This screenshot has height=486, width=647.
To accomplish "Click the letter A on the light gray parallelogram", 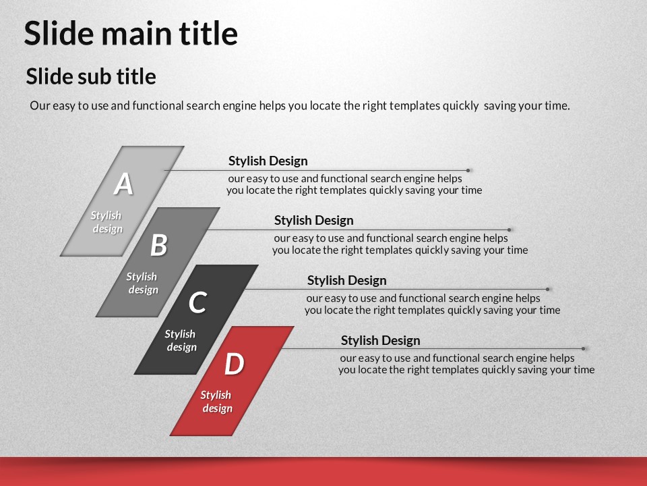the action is pos(123,184).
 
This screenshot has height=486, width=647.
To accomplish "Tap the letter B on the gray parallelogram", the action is pos(159,245).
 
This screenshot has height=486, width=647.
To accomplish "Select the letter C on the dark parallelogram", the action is pos(197,302).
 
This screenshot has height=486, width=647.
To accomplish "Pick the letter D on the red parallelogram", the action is pos(234,364).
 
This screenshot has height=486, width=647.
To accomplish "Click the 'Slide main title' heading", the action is pos(131,33).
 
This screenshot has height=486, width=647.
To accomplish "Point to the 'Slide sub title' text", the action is pos(91,76).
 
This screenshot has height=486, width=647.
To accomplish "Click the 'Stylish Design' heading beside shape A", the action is pos(268,161).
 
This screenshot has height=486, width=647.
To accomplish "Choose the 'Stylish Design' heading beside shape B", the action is pos(314,220).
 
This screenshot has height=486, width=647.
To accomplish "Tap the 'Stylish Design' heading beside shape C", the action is pos(347,280).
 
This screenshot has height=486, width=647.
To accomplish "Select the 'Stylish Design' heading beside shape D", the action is pos(380,340).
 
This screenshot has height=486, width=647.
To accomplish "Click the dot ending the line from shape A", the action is pos(468,170).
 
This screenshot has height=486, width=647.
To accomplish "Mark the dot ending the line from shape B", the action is pos(510,230).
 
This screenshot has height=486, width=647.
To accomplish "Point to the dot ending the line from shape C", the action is pos(547,290).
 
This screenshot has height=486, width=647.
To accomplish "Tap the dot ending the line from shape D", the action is pos(584,349).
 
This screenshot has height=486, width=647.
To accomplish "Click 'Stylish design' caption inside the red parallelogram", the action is pos(216,402).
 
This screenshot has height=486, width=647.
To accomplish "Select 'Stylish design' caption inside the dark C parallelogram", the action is pos(181,340).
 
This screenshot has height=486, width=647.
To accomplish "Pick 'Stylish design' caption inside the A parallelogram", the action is pos(106,222).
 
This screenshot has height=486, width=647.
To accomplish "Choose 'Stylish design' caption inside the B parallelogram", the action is pos(142,283).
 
